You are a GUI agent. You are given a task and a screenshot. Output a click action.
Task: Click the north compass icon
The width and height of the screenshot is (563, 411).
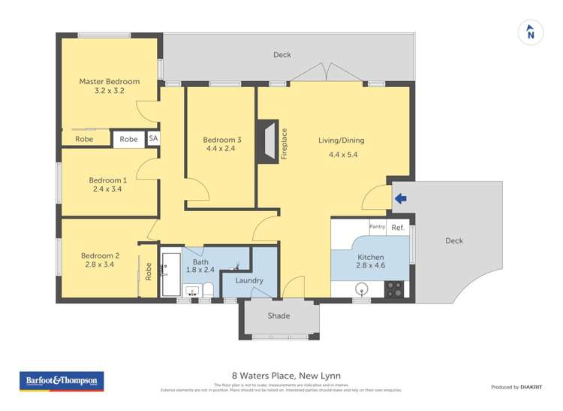click(531, 33)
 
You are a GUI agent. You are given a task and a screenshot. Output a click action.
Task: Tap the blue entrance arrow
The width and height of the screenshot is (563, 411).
click(401, 198)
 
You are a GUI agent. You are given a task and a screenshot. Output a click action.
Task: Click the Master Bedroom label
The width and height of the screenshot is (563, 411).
click(110, 81)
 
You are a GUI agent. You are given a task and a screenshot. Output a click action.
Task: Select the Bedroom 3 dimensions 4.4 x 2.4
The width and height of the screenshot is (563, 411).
click(222, 149)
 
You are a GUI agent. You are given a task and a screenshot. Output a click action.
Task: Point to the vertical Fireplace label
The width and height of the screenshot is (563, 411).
click(284, 144)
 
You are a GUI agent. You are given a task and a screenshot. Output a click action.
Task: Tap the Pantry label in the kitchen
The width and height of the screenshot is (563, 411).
click(377, 226)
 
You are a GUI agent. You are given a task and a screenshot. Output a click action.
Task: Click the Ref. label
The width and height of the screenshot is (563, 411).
click(398, 227)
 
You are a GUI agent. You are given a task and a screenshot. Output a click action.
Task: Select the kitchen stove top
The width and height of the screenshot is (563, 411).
click(394, 289)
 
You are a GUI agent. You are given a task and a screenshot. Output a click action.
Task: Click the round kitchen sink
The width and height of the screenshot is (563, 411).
click(363, 289)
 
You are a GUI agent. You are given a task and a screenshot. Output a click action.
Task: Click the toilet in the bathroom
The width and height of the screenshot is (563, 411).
click(208, 289)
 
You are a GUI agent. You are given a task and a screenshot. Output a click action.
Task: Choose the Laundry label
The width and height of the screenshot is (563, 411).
click(249, 280)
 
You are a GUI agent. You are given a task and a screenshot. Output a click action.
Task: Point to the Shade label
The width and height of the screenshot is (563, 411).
click(278, 316)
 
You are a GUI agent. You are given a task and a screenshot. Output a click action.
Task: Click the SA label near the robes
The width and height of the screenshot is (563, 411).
click(153, 139)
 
